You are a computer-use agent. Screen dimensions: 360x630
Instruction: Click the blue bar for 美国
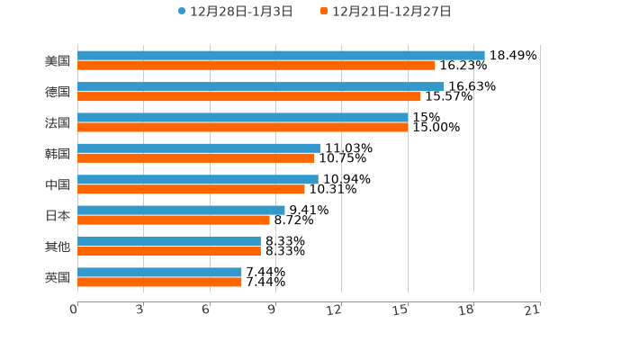[281, 55]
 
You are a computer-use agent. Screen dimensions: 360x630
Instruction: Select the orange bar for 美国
[256, 66]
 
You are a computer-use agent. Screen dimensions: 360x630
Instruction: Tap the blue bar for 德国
[261, 86]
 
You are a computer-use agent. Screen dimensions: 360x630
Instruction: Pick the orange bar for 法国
[243, 127]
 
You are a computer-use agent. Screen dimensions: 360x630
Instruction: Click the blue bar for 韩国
[199, 148]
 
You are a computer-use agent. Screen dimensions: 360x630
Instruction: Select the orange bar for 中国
[192, 189]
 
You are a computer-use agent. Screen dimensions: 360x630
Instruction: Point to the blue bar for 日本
[181, 210]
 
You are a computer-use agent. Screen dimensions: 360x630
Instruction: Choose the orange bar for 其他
[169, 251]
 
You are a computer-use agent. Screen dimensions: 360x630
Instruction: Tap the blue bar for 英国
[160, 272]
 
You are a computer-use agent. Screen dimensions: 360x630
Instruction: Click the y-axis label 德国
[58, 92]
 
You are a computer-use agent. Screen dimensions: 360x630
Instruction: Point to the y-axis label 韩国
[58, 153]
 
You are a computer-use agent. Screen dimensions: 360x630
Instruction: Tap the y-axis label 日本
[58, 215]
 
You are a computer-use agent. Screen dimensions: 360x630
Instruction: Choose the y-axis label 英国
[58, 277]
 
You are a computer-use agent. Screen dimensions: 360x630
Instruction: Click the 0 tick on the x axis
[75, 310]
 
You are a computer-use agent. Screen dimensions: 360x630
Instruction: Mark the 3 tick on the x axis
[140, 310]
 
